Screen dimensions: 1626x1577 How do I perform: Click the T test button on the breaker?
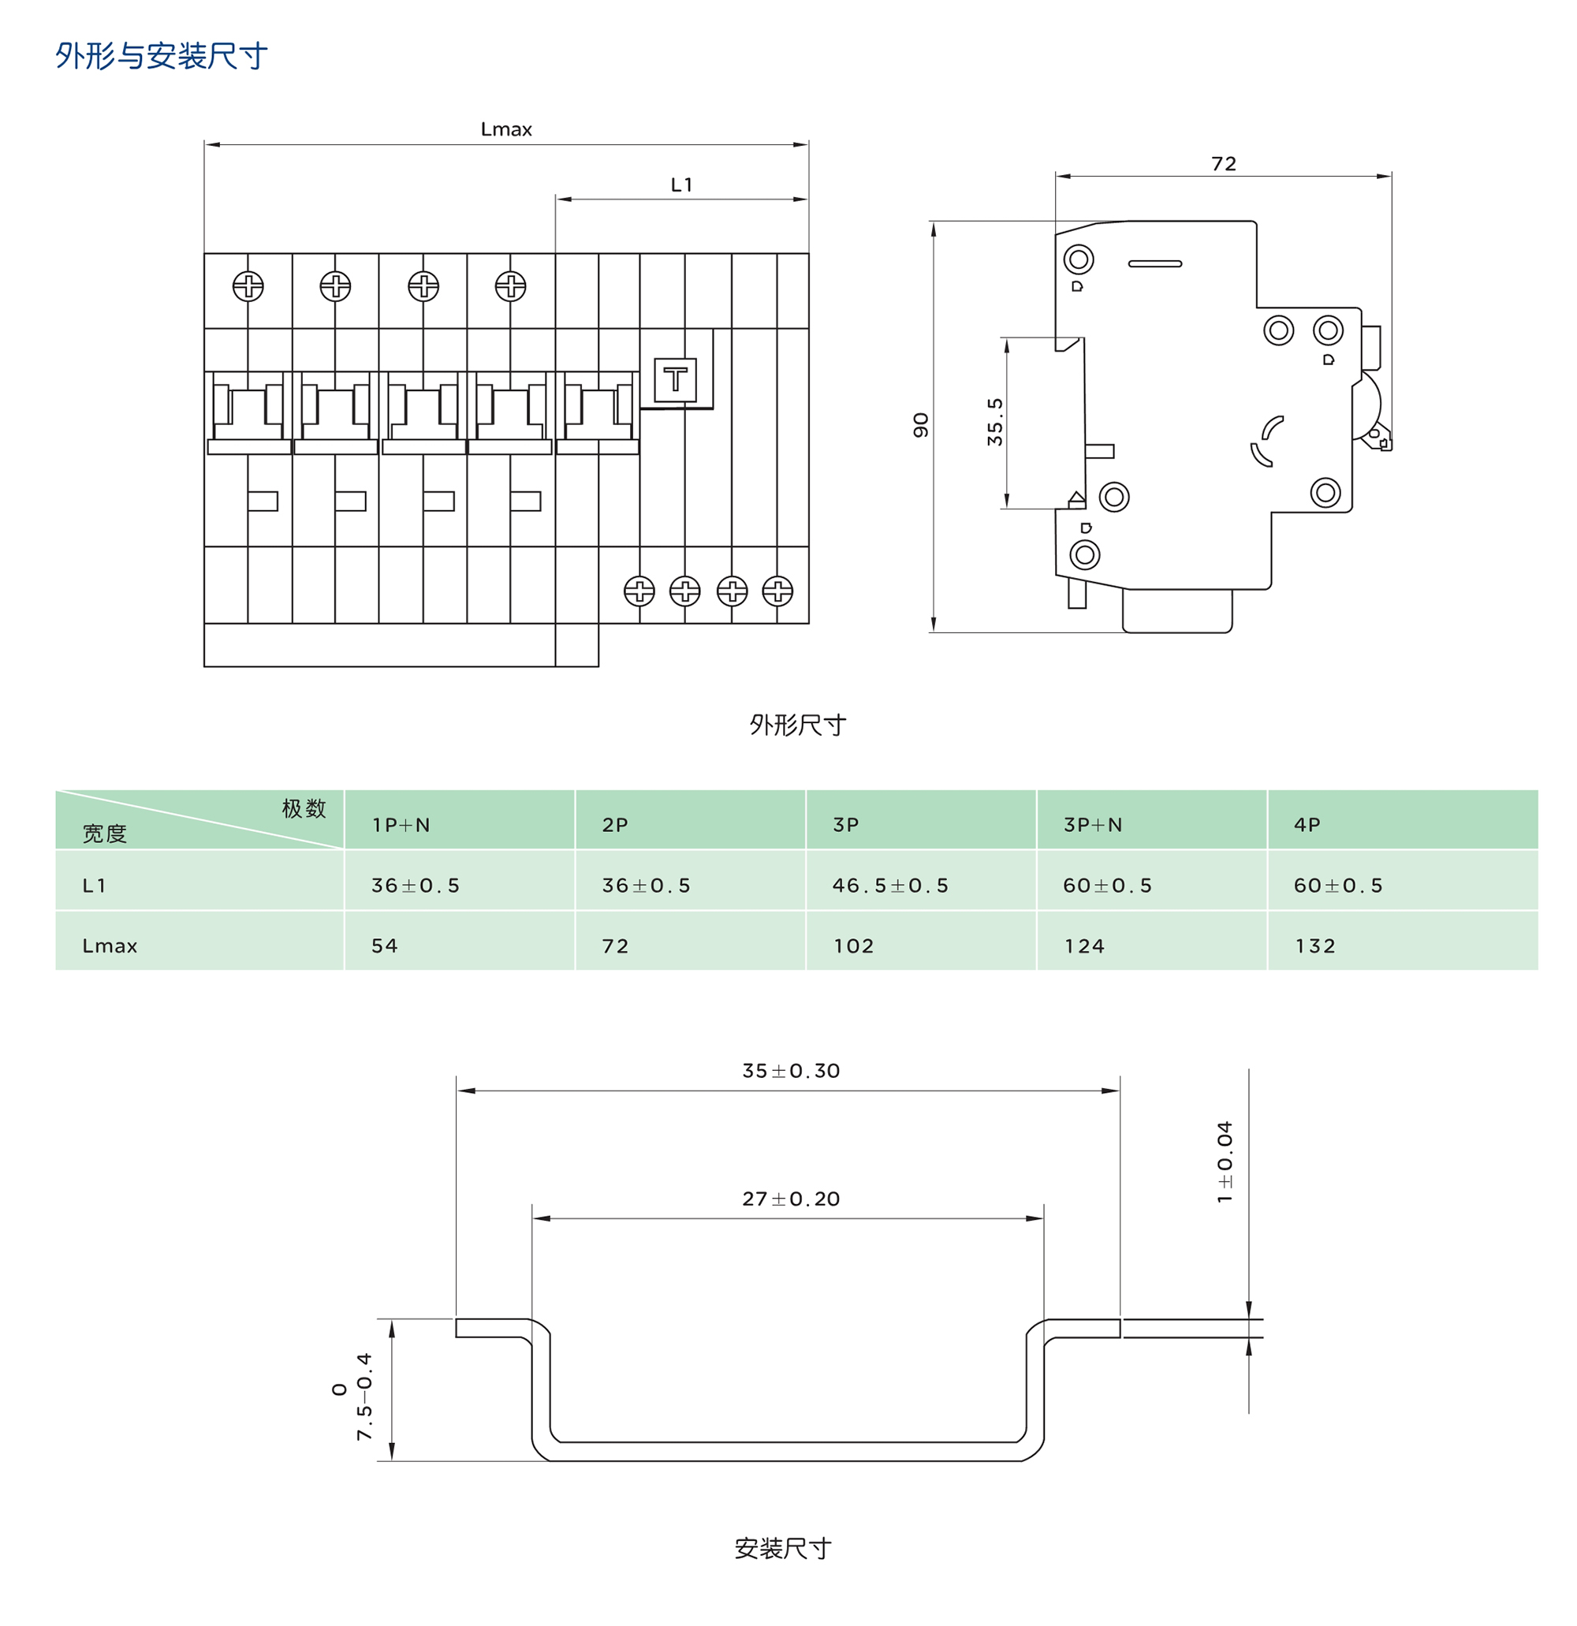[x=674, y=379]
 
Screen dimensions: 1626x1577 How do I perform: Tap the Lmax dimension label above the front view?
[x=506, y=129]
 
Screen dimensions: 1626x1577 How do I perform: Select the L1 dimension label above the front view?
[x=681, y=185]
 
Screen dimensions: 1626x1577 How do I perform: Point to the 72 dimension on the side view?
[x=1223, y=163]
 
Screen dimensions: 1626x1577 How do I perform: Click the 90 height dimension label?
[x=921, y=425]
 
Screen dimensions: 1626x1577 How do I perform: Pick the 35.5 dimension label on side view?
[x=994, y=421]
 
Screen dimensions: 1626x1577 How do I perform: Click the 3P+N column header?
[x=1092, y=825]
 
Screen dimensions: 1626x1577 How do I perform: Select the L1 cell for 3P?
[x=890, y=886]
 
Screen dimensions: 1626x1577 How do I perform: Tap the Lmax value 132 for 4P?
[x=1315, y=945]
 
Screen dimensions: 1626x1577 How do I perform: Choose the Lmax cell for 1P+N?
[x=385, y=945]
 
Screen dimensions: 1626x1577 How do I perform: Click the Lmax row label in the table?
[x=110, y=945]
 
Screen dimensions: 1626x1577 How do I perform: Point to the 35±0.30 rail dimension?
[x=791, y=1070]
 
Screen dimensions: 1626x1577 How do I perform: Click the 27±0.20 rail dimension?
[x=791, y=1198]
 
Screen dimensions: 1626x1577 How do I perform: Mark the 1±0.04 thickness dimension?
[x=1225, y=1162]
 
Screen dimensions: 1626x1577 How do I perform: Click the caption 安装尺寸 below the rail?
[x=782, y=1548]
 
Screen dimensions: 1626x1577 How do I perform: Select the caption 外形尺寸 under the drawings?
[x=797, y=725]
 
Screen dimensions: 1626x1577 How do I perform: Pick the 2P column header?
[x=615, y=825]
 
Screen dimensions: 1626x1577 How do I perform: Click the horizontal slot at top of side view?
[x=1154, y=264]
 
